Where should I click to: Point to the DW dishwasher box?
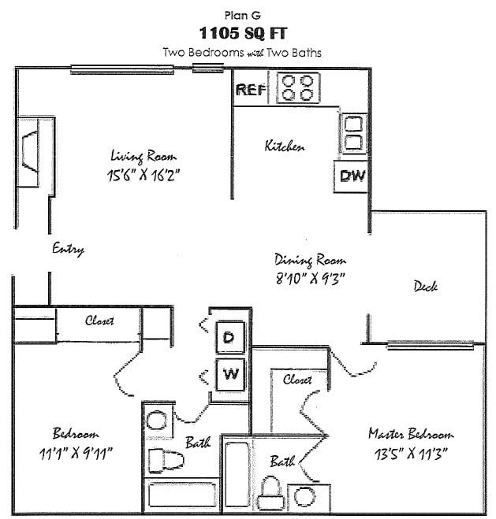pyautogui.click(x=352, y=176)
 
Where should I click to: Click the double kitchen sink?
pyautogui.click(x=352, y=134)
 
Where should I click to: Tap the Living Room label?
pyautogui.click(x=144, y=156)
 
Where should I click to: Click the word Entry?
pyautogui.click(x=68, y=249)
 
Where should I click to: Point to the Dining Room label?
pyautogui.click(x=310, y=260)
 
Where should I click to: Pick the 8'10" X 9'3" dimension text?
pyautogui.click(x=311, y=277)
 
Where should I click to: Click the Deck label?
pyautogui.click(x=425, y=287)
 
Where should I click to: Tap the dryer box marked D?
pyautogui.click(x=230, y=338)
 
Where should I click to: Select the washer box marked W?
pyautogui.click(x=230, y=373)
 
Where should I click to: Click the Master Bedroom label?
pyautogui.click(x=411, y=434)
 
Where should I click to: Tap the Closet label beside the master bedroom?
pyautogui.click(x=297, y=380)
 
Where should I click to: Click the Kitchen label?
pyautogui.click(x=285, y=146)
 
